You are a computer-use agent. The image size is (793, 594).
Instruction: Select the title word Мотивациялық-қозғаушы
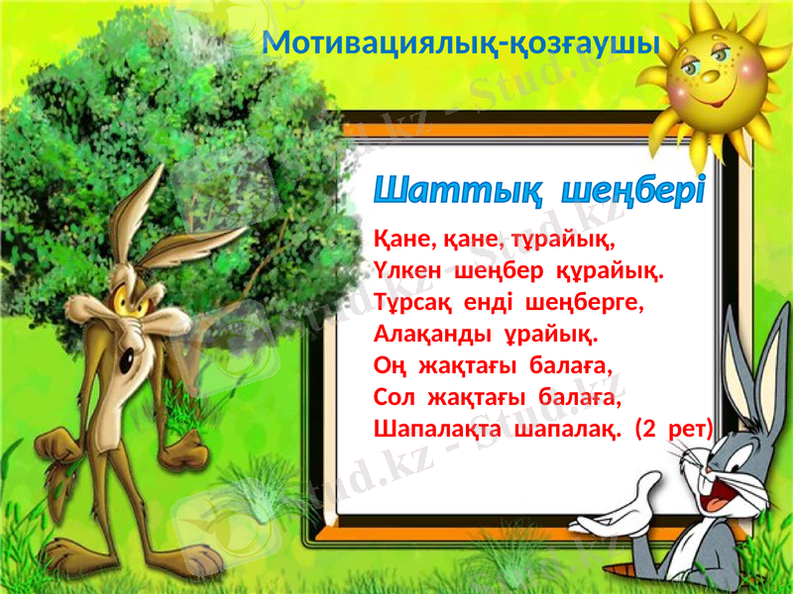coord(463,43)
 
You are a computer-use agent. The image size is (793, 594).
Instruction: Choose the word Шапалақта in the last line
coord(437,429)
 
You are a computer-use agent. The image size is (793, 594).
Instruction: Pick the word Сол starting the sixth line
coord(394,398)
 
